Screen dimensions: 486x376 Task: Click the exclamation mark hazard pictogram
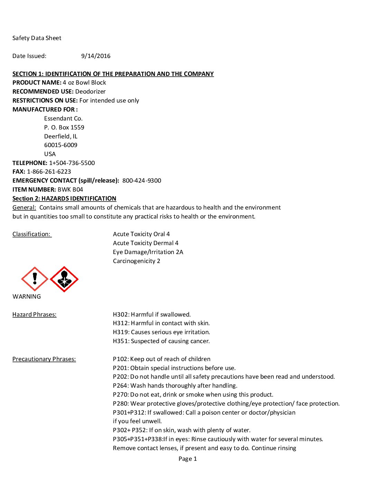[x=35, y=279]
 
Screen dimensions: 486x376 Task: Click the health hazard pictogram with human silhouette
[x=64, y=279]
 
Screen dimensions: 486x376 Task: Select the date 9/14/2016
[x=96, y=56]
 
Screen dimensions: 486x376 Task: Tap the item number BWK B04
[x=70, y=189]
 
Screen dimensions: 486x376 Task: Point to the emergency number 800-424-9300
[x=142, y=181]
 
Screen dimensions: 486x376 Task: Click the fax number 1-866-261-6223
[x=49, y=172]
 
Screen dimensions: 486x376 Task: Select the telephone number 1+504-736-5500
[x=72, y=163]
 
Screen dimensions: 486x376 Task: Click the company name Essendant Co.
[x=63, y=118]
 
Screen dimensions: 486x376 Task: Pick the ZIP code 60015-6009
[x=61, y=145]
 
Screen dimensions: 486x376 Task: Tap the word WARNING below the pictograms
[x=27, y=297]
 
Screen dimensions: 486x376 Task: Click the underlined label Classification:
[x=32, y=234]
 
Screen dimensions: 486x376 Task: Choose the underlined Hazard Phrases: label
[x=34, y=314]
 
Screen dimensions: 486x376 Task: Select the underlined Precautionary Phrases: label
[x=44, y=359]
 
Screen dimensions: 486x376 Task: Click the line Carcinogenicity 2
[x=137, y=261]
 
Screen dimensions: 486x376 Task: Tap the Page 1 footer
[x=188, y=459]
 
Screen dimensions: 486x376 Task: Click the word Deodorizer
[x=91, y=91]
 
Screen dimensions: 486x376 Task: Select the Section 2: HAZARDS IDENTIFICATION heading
[x=64, y=198]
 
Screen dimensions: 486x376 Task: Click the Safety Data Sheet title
[x=37, y=38]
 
